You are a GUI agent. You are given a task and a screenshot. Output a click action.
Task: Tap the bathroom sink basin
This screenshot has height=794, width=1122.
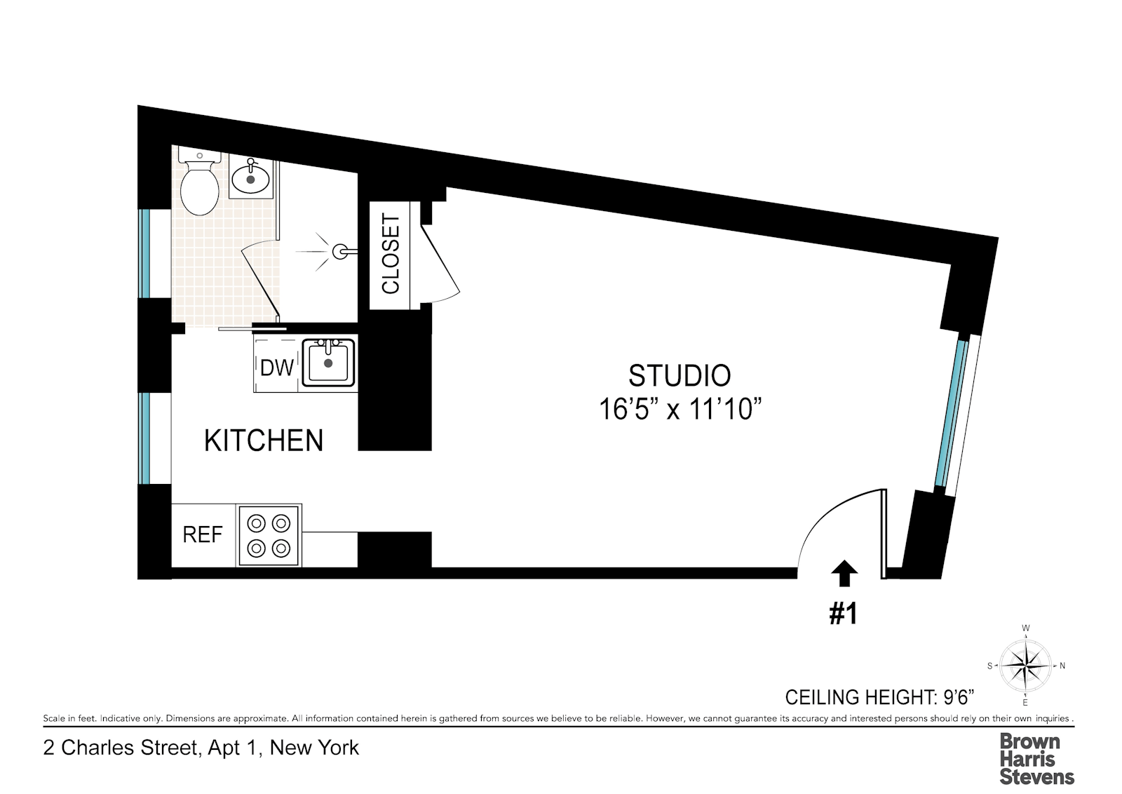[x=250, y=176]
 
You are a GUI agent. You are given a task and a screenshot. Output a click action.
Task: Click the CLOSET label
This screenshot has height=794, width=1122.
[x=390, y=255]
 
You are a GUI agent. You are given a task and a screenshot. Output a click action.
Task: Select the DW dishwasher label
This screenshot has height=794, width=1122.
[x=276, y=368]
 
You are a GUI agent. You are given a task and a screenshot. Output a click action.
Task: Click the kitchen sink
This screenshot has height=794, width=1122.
[x=328, y=363]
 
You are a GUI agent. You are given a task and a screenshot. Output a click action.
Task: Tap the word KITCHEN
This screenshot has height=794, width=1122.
[x=264, y=440]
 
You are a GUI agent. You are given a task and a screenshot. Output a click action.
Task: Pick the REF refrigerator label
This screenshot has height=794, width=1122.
[x=203, y=535]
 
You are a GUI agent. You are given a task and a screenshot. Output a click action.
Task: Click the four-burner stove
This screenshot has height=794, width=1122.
[x=269, y=536]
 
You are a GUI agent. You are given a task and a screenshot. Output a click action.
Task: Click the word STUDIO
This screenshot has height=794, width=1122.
[x=680, y=376]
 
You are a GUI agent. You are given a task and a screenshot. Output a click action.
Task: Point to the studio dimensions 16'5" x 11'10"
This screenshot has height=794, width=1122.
[x=680, y=409]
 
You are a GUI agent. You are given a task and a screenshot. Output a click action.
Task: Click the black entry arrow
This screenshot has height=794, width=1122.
[x=844, y=572]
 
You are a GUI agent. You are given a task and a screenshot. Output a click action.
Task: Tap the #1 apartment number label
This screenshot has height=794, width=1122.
[x=844, y=614]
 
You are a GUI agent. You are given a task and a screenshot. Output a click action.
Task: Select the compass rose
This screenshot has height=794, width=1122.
[x=1025, y=666]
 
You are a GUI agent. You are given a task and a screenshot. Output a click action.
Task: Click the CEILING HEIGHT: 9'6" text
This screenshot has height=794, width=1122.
[x=879, y=697]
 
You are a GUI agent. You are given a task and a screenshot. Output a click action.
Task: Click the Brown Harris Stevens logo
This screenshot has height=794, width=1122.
[x=1037, y=759]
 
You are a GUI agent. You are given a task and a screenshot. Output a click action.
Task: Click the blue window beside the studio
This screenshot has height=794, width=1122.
[x=950, y=414]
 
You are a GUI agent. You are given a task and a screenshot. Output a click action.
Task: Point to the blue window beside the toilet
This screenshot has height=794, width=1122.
[x=144, y=253]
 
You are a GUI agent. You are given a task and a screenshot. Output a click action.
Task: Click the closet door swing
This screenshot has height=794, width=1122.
[x=441, y=264]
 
